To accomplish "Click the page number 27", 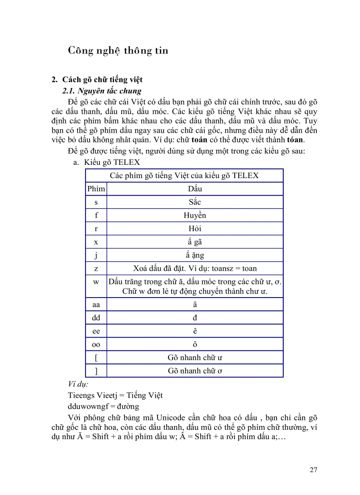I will [x=313, y=470].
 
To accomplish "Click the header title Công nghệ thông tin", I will [x=118, y=51].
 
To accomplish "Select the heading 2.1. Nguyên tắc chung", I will [x=102, y=91].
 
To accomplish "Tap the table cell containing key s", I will [x=96, y=202].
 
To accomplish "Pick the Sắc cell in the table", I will [x=195, y=202].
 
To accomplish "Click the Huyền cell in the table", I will [x=195, y=216].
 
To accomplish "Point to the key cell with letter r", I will [x=96, y=229].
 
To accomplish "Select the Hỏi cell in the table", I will [x=195, y=229].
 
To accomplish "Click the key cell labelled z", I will [x=96, y=268].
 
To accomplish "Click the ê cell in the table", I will [x=195, y=331].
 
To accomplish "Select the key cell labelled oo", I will [x=96, y=344].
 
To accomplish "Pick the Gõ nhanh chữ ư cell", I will [x=195, y=357].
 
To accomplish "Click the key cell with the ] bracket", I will [x=96, y=371].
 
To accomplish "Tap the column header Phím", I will [x=96, y=189].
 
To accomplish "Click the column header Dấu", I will [x=195, y=189].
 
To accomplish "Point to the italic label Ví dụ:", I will [x=78, y=384].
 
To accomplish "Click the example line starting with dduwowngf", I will [x=104, y=406].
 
